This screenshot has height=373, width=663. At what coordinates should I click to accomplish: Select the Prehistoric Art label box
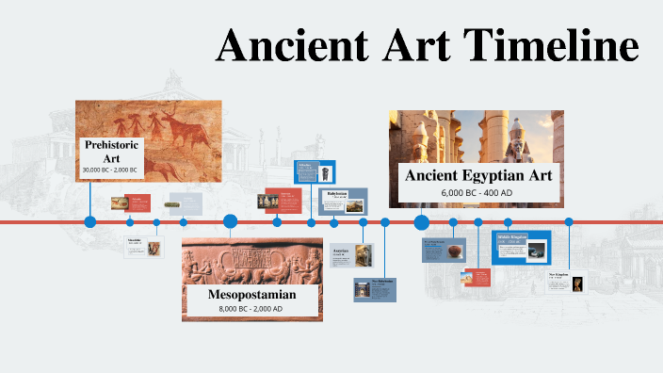[x=112, y=157]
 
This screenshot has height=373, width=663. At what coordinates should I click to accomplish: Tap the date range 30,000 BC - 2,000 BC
[x=110, y=170]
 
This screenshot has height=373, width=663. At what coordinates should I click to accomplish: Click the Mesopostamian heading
[x=251, y=295]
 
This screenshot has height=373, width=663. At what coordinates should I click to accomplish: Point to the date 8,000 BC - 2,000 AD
[x=251, y=309]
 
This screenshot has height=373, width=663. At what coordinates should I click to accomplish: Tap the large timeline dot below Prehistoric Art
[x=90, y=222]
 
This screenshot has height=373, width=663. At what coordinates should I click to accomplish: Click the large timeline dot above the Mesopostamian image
[x=230, y=222]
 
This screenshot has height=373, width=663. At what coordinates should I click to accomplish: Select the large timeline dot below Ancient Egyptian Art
[x=422, y=222]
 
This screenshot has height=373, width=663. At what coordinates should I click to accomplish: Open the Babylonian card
[x=343, y=202]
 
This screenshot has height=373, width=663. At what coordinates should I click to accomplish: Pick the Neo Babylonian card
[x=374, y=289]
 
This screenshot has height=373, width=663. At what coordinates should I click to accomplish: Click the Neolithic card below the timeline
[x=143, y=248]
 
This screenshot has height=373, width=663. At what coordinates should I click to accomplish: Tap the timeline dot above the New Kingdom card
[x=569, y=222]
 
